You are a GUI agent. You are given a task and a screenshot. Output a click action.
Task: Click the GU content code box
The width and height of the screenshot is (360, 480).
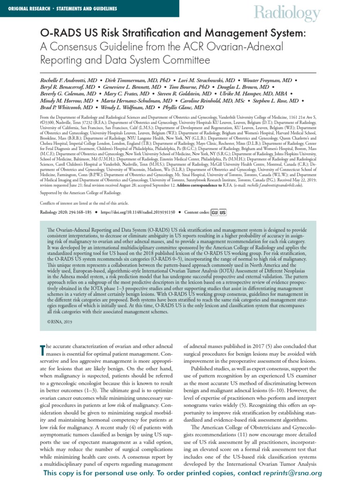click(214, 212)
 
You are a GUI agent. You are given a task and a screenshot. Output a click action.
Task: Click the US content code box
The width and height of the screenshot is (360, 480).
click(223, 212)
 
